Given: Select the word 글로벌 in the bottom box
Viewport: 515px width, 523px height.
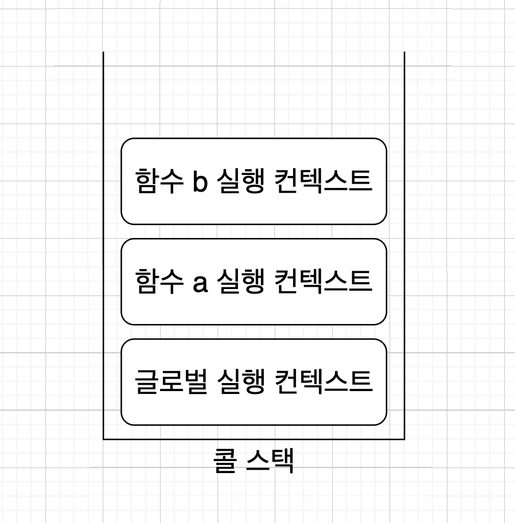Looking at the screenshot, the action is point(169,382).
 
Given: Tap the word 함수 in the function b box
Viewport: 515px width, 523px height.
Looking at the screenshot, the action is point(155,181).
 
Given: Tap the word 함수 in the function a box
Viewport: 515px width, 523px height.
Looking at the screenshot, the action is point(155,282).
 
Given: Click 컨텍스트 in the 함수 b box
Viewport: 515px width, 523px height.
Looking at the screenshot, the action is point(323,181).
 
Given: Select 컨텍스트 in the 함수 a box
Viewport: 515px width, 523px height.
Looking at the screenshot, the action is point(323,282).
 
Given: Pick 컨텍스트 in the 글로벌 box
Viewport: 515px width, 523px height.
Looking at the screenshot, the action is point(323,382).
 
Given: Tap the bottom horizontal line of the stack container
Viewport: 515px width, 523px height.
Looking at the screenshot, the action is point(253,439).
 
